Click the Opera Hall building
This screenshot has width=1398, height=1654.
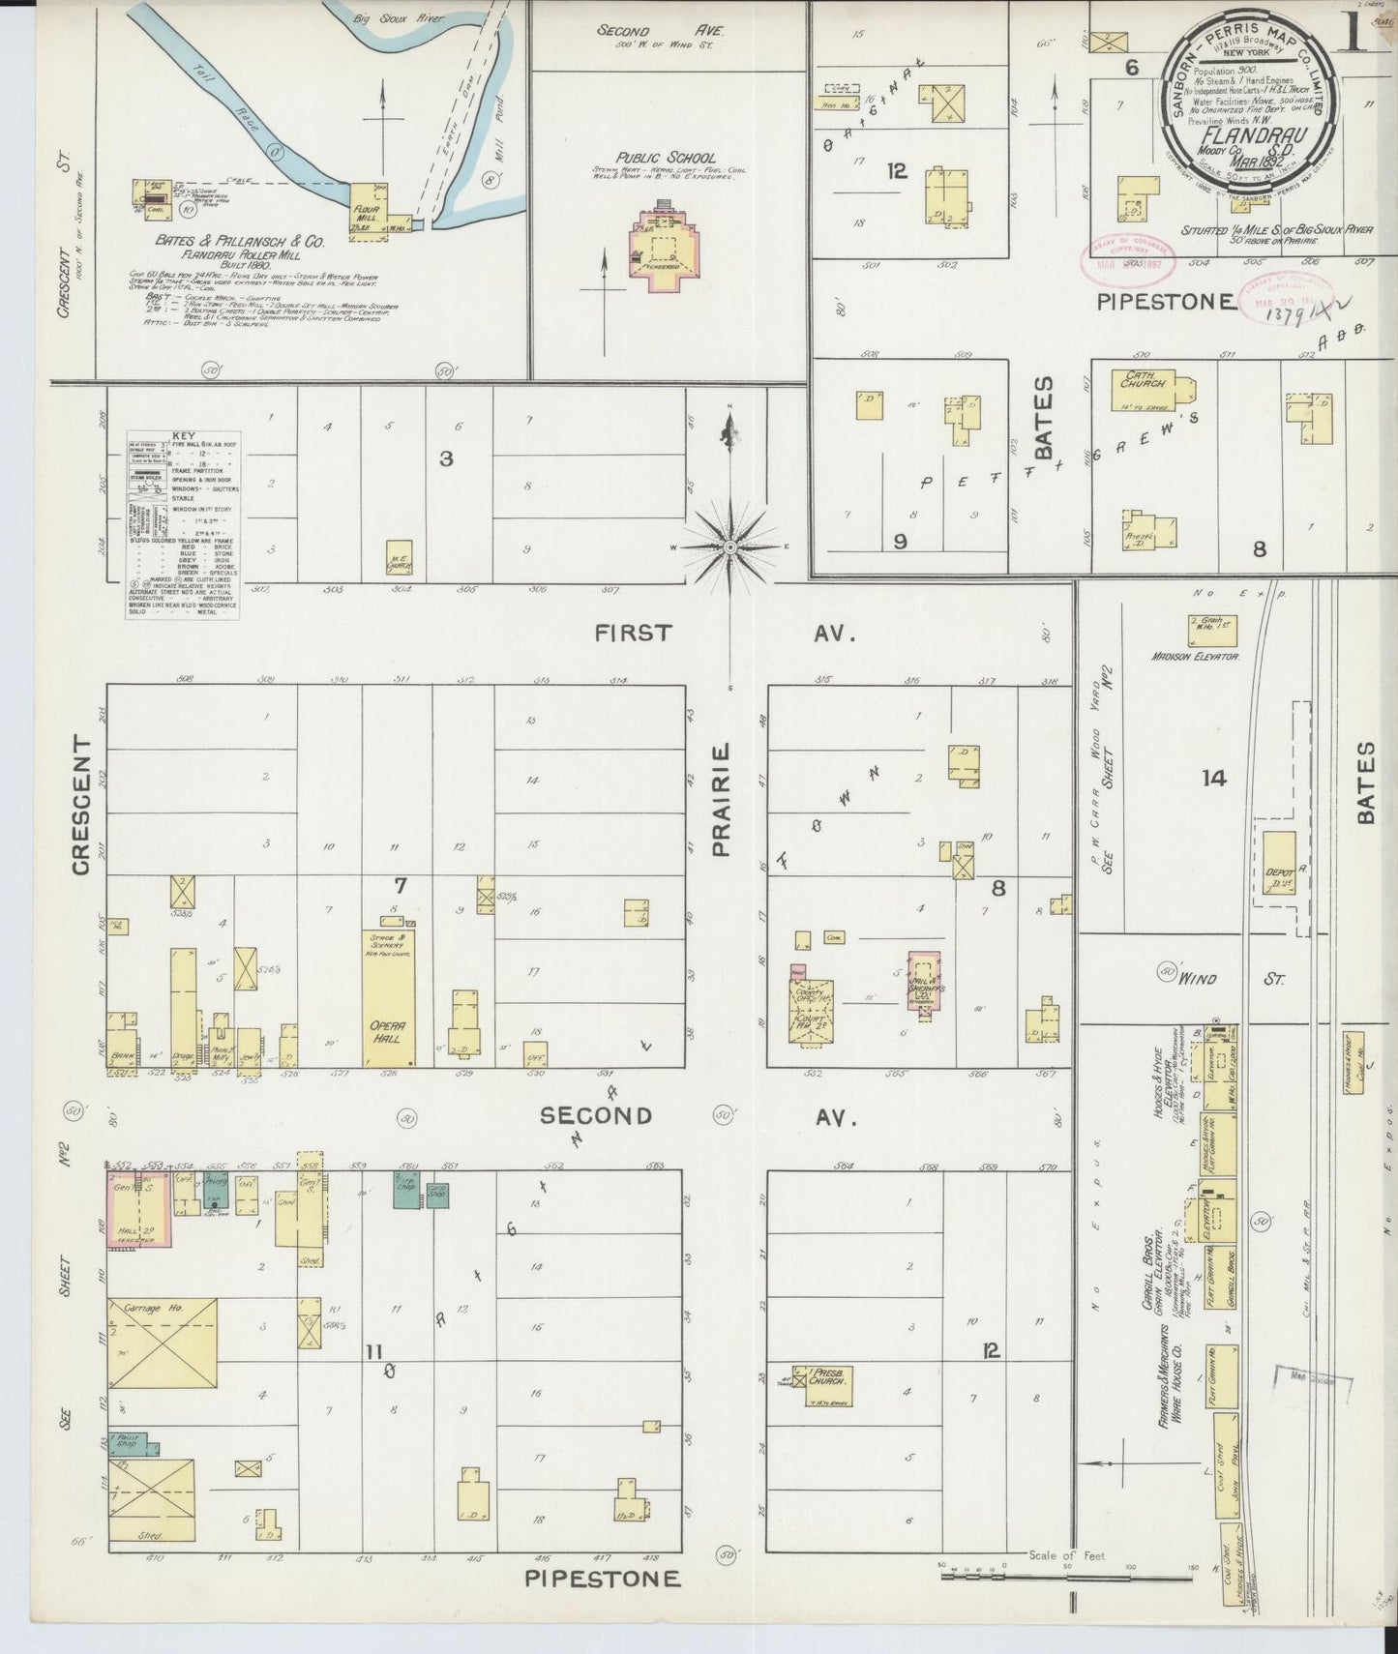point(389,996)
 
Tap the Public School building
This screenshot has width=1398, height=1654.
point(664,243)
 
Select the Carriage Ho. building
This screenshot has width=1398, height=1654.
point(162,1344)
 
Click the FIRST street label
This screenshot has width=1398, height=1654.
point(633,634)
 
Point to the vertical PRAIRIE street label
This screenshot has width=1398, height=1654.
point(720,800)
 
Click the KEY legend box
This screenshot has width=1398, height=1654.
point(183,523)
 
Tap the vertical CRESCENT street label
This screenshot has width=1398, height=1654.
point(80,805)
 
